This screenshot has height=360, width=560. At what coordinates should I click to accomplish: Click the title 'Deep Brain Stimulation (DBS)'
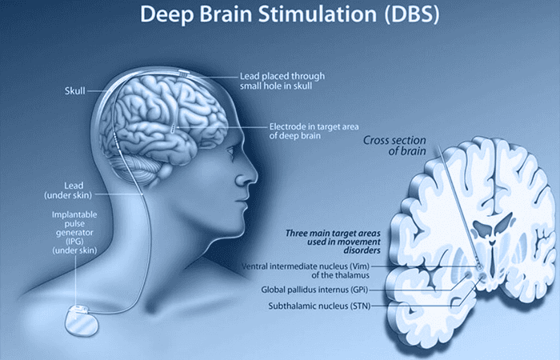point(290,14)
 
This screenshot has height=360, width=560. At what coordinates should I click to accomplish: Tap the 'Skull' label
point(75,91)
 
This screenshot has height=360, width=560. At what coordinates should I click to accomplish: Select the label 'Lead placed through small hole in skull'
point(282,81)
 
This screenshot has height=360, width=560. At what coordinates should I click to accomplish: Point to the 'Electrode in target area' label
point(314,126)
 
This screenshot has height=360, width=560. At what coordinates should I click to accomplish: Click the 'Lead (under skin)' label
point(68,190)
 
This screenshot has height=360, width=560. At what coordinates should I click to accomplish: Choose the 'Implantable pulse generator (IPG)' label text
point(74,228)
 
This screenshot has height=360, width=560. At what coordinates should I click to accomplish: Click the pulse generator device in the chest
point(82,320)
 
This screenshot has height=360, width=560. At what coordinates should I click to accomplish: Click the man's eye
point(230,151)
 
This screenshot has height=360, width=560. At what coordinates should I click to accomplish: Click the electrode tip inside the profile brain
point(174,129)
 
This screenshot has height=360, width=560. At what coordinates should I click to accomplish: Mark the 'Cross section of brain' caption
point(394,146)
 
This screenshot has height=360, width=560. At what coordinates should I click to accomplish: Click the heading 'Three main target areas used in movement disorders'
point(333,242)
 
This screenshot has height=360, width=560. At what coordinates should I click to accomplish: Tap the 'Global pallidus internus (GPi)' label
point(314,290)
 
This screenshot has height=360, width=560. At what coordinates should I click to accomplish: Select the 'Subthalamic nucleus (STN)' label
point(319,306)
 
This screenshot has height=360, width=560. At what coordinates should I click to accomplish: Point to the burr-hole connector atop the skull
point(183,74)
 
